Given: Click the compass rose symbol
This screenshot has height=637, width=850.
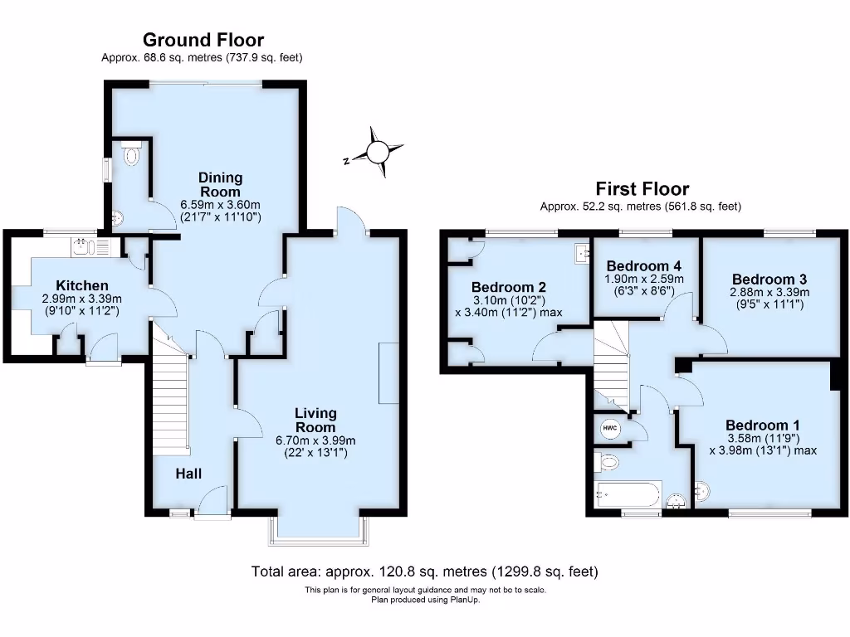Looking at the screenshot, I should pos(378,152).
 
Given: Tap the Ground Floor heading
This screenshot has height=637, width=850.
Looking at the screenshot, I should pos(203,40).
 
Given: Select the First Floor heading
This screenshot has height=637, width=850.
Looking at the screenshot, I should pos(642,189).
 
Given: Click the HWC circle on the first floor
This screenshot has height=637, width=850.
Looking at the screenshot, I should pos(610,429).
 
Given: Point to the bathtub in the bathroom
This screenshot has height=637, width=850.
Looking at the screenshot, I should pos(627,496).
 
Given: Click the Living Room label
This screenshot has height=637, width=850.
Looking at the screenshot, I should pos(315,420).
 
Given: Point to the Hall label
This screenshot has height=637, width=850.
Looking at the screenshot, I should pos(189,474).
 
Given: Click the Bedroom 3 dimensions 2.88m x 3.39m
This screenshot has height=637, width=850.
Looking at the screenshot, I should pos(769,292).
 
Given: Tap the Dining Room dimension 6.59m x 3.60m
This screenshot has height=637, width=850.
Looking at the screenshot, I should pos(221,204).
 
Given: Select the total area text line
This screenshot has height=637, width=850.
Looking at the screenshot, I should pos(424,571).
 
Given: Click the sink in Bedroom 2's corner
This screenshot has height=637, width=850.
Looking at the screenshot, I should pos(582,251).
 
